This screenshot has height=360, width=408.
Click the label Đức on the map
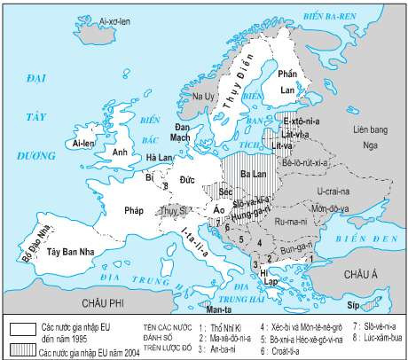coord(186,180)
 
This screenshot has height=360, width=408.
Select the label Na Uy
coord(191,95)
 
